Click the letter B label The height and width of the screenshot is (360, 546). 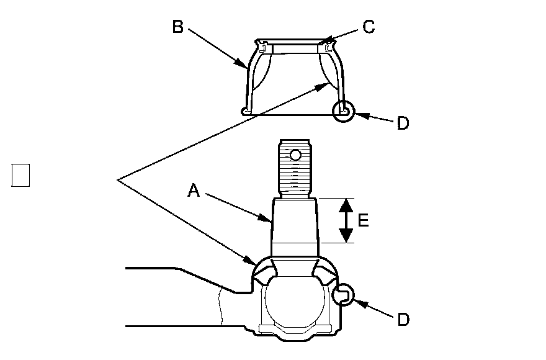coord(177,28)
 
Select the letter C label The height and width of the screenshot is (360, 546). coord(369,27)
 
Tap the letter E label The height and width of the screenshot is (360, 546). coord(364,220)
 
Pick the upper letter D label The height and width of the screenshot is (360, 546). coord(403,123)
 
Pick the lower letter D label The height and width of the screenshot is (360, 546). coord(403,319)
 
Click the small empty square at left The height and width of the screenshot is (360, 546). coord(20,175)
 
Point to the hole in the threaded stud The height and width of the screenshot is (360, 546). coord(295,154)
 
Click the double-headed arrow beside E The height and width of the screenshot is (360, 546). coord(346,220)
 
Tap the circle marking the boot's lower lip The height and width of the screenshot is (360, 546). coord(344,112)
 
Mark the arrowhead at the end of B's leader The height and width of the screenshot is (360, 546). coord(244,64)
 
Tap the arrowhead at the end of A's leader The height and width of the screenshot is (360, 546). coord(268,219)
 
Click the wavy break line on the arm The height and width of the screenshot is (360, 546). coord(220,307)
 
